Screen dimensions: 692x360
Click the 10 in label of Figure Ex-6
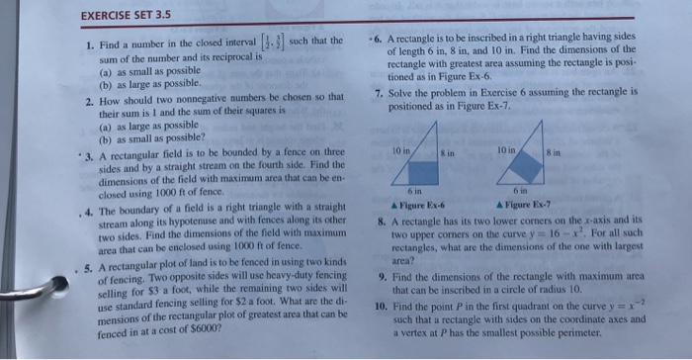tap(398, 149)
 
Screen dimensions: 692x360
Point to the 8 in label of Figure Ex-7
tap(576, 149)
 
